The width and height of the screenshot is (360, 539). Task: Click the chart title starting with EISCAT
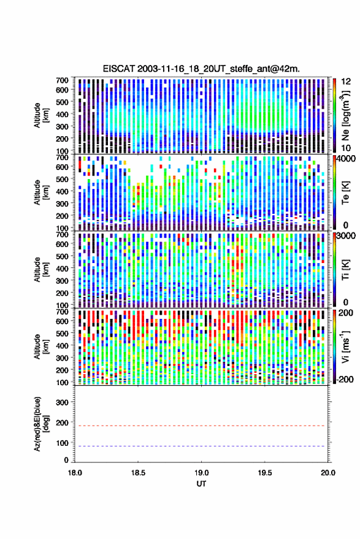point(201,69)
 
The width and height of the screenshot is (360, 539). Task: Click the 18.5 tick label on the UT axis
point(138,473)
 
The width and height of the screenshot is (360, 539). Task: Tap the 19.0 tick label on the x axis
point(201,473)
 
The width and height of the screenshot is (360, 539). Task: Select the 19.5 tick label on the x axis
point(265,473)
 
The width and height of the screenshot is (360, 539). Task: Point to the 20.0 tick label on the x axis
point(328,473)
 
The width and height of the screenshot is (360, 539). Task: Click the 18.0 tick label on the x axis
point(75,473)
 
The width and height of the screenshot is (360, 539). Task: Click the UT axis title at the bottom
point(201,484)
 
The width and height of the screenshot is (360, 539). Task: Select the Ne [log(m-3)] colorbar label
point(345,115)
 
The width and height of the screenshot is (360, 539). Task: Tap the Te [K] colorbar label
point(345,193)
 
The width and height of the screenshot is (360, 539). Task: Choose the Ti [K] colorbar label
point(345,270)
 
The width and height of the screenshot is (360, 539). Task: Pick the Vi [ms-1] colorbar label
point(345,346)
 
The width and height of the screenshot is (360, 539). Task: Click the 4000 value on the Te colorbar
point(347,159)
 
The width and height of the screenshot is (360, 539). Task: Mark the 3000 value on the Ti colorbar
point(347,236)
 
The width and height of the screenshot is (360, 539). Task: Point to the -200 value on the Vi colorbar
point(345,380)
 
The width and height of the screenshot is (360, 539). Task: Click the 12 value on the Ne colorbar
point(346,82)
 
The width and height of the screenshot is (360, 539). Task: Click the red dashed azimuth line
point(202,426)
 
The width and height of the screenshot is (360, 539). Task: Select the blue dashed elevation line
point(202,446)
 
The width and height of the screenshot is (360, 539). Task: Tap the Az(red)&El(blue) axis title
point(40,424)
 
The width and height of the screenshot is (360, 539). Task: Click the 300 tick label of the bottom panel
point(62,402)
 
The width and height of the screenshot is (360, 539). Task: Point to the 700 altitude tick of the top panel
point(62,80)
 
